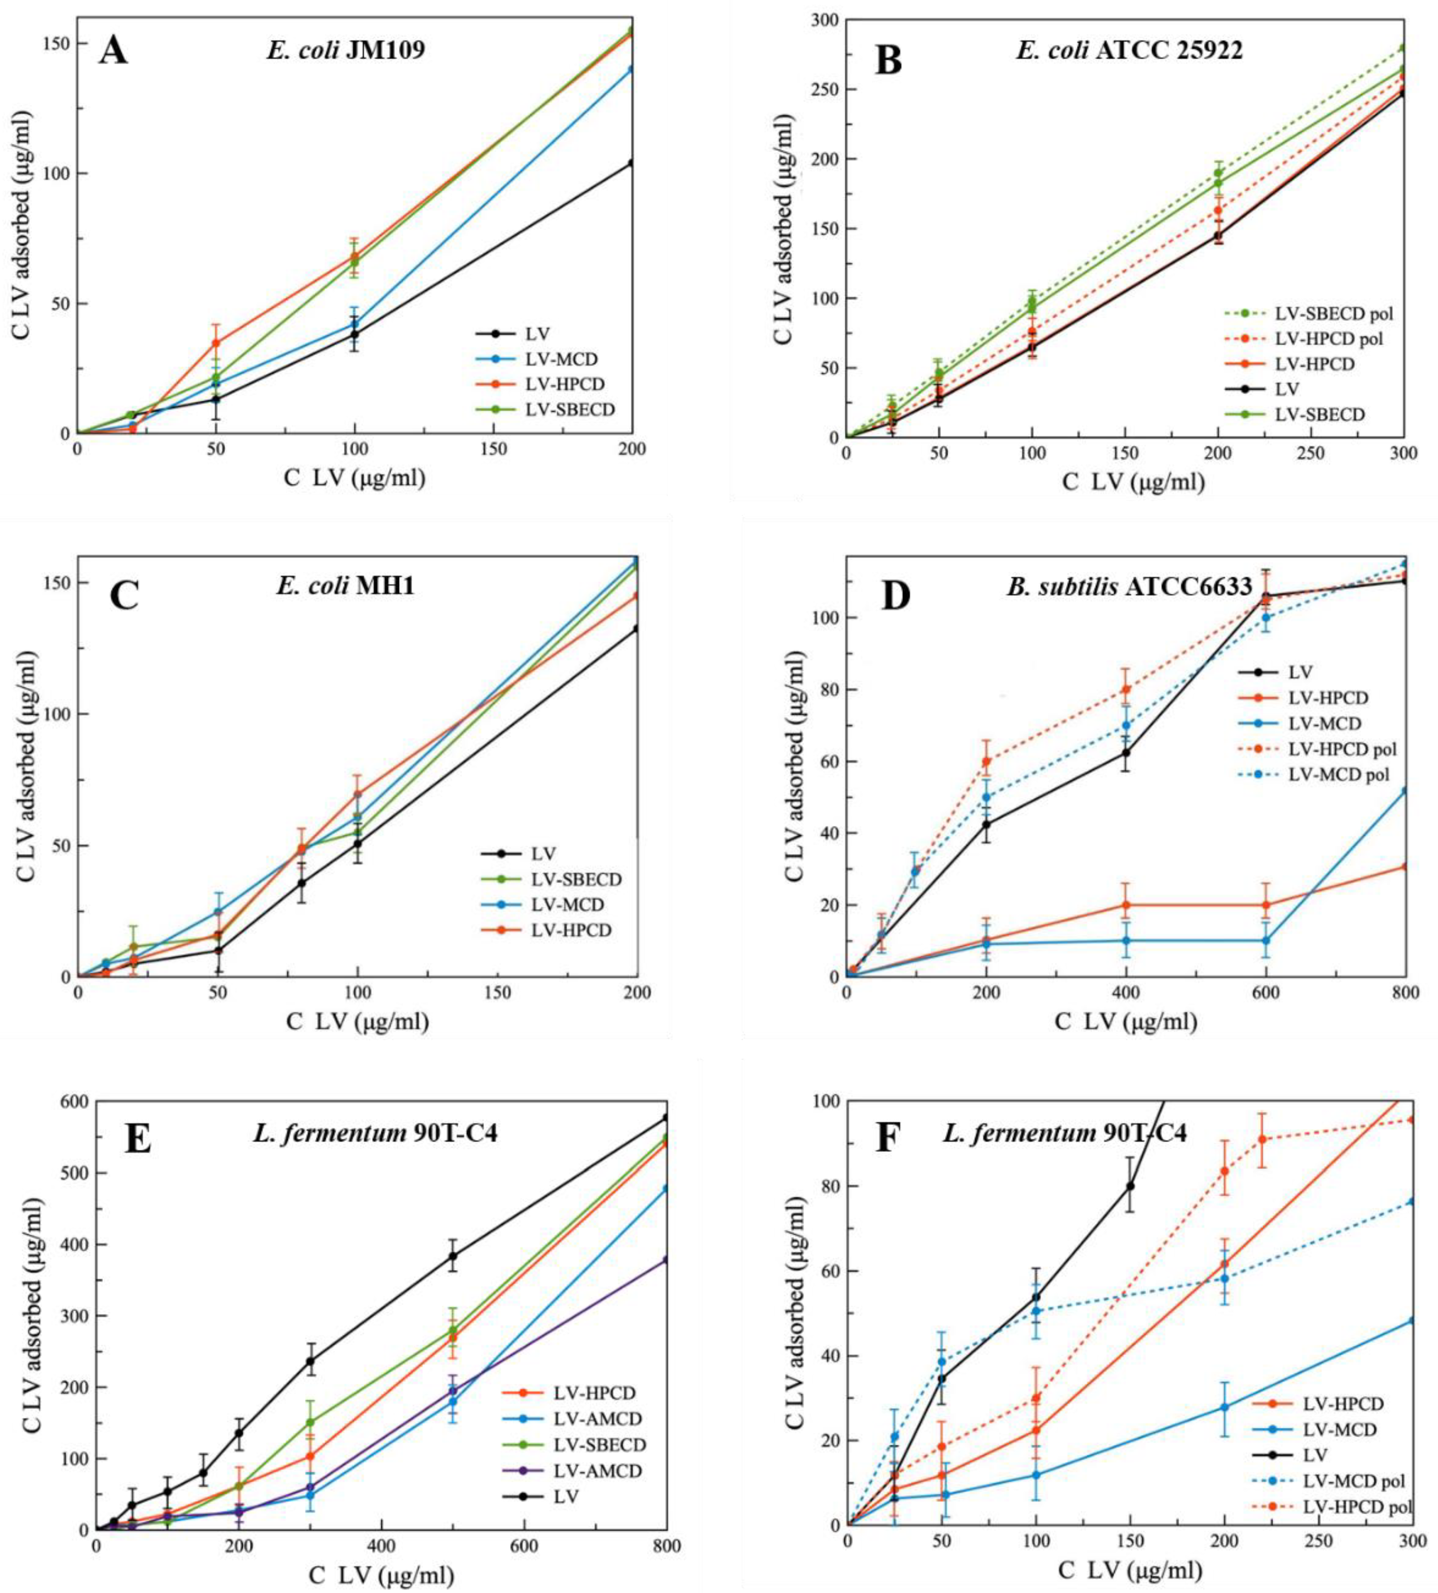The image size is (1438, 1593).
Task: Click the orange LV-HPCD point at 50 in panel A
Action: (216, 343)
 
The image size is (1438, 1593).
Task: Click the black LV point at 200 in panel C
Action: (636, 629)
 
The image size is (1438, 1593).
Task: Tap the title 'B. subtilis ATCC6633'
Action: (1129, 586)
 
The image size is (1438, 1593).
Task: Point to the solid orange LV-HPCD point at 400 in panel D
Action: (1125, 905)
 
